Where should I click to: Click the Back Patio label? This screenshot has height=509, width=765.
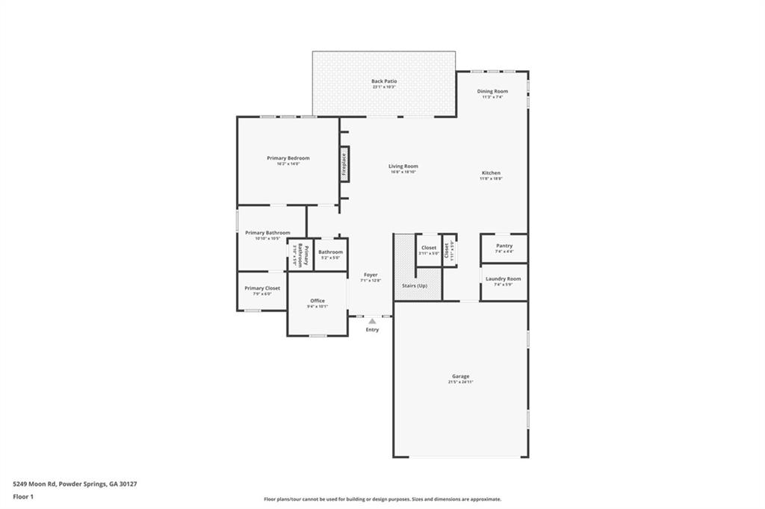click(384, 81)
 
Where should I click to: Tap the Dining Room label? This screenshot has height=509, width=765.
click(492, 91)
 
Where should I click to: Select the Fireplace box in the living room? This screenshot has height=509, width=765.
click(344, 164)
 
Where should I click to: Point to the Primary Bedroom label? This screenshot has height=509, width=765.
click(288, 158)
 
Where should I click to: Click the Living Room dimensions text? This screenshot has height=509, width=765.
click(403, 172)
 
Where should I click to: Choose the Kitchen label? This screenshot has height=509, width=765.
click(491, 173)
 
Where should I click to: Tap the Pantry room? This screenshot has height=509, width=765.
click(504, 248)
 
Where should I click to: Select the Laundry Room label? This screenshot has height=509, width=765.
click(504, 279)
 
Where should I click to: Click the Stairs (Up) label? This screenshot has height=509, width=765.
click(417, 286)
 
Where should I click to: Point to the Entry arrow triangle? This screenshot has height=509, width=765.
click(372, 321)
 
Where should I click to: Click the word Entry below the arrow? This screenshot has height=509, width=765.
click(372, 330)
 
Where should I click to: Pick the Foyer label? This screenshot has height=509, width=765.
click(371, 275)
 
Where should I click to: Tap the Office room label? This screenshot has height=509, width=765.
click(318, 301)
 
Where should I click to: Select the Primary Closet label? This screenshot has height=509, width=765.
click(262, 288)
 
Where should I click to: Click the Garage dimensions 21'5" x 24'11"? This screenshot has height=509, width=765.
click(460, 382)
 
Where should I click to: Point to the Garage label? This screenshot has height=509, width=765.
click(460, 376)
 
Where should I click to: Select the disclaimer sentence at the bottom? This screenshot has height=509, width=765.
click(382, 499)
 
